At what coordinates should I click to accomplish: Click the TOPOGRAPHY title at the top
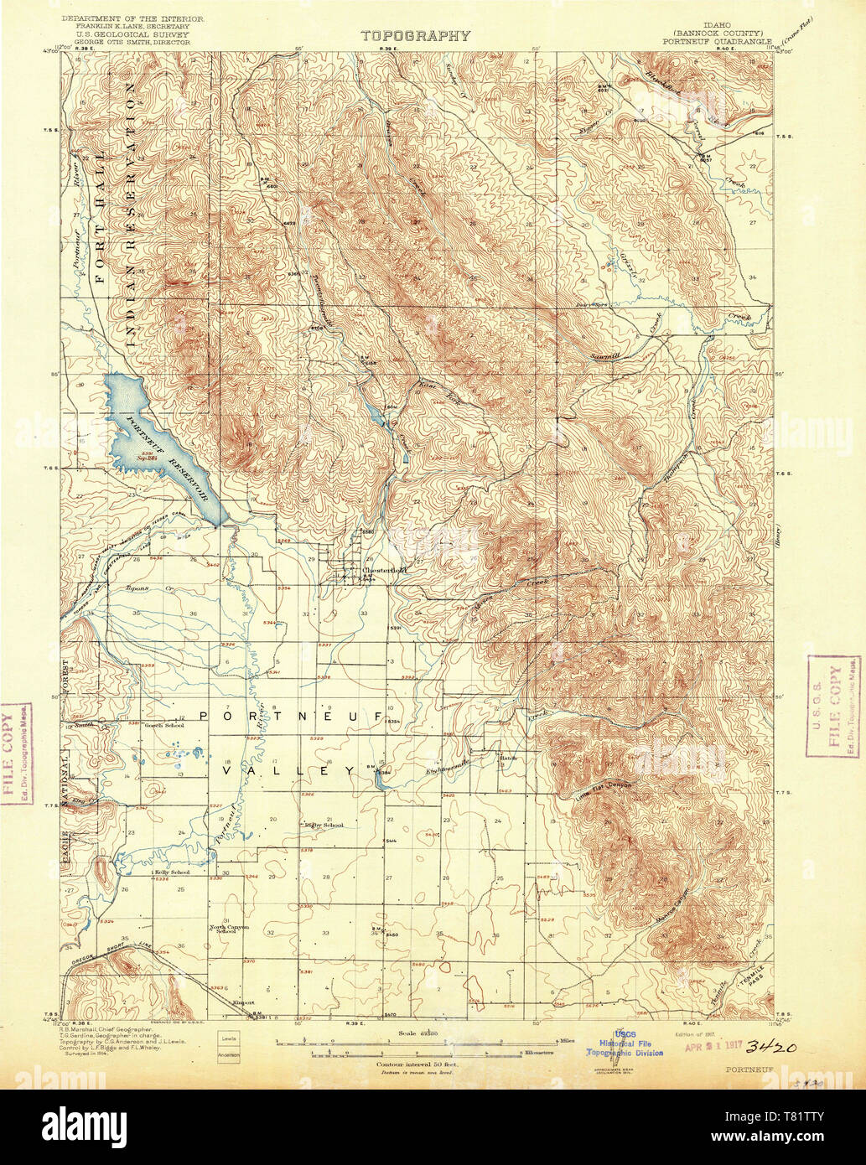pyautogui.click(x=416, y=36)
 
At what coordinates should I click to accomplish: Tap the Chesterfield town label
pyautogui.click(x=383, y=571)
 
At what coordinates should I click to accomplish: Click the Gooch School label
pyautogui.click(x=163, y=725)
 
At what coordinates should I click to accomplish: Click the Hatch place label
pyautogui.click(x=507, y=758)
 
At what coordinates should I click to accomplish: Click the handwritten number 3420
pyautogui.click(x=770, y=1047)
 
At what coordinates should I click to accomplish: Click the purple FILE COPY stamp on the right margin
pyautogui.click(x=832, y=706)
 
